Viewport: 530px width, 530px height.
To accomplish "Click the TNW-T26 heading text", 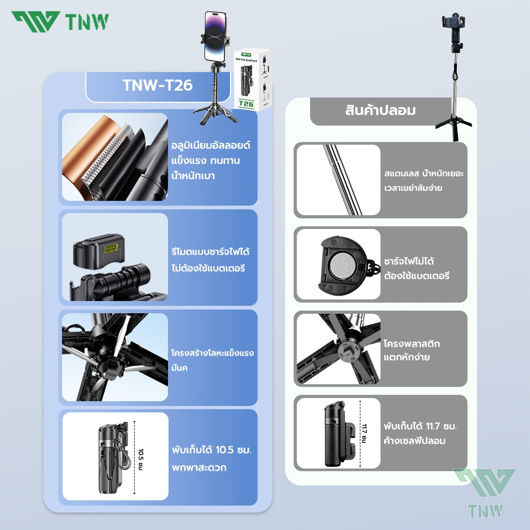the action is point(157,85).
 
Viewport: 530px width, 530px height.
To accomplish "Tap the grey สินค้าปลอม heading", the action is point(380,111).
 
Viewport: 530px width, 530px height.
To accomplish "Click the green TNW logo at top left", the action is point(60,22).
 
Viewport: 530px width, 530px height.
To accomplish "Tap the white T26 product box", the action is point(252,80).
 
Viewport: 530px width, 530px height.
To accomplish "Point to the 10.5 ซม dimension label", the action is point(140,459).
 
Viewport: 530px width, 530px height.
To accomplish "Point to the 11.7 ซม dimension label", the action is point(364,434).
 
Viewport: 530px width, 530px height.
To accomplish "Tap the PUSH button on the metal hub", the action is point(111,375).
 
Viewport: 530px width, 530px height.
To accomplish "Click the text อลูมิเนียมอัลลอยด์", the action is point(210,146).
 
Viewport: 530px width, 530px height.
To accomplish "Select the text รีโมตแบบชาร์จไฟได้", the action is point(210,252).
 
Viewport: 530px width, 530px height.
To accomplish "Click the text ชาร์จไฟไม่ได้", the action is point(409,261).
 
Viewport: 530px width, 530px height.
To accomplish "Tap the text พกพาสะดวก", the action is point(199,468).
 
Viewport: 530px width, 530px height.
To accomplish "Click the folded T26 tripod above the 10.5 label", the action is point(114,457).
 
